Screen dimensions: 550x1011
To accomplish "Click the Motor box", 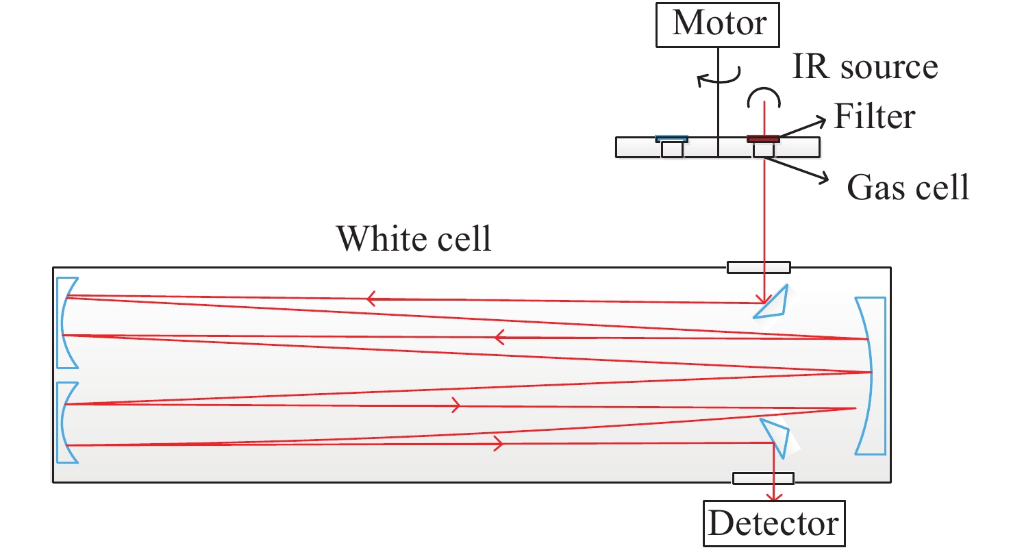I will (718, 25).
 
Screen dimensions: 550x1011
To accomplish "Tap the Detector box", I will (773, 523).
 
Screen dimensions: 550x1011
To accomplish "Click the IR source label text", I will (865, 67).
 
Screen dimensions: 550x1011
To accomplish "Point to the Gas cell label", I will (908, 186).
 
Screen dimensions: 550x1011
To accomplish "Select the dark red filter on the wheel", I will (763, 139).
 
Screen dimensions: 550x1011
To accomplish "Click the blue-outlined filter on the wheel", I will (671, 139).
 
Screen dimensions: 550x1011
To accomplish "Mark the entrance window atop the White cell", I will (758, 267).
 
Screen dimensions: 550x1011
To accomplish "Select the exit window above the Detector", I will (763, 478).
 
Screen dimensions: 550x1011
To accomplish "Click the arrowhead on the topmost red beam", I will (372, 298).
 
